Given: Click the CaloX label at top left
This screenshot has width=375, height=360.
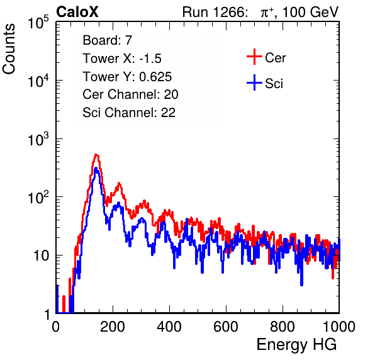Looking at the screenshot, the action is click(x=77, y=12).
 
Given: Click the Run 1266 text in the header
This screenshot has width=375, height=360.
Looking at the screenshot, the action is click(x=214, y=12).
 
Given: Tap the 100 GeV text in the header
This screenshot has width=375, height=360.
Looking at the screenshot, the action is click(x=310, y=12).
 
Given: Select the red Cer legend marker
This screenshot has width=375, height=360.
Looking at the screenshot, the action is click(x=254, y=57).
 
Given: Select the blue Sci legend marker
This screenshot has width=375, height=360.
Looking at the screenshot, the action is click(x=254, y=83).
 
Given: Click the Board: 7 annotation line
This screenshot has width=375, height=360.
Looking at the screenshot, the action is click(x=108, y=40).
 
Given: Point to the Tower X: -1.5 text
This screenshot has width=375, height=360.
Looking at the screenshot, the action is click(x=122, y=59).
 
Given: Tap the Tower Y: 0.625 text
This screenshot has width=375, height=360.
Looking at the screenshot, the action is click(x=127, y=77).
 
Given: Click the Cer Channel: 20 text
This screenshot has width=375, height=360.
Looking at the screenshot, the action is click(x=130, y=94).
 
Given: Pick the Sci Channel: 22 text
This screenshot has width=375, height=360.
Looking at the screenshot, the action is click(x=129, y=113).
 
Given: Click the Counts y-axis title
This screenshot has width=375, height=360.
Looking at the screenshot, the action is click(x=9, y=49).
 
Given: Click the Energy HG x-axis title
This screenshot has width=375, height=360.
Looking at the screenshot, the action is click(x=296, y=345).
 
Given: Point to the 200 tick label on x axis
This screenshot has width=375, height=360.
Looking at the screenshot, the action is click(x=113, y=327).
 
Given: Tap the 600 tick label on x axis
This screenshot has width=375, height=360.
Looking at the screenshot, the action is click(x=226, y=327).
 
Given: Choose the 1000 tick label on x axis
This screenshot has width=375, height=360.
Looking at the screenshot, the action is click(x=339, y=327).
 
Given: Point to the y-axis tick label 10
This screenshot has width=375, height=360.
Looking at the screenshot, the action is click(x=41, y=256).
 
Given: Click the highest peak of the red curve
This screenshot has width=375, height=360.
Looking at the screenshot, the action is click(x=96, y=155).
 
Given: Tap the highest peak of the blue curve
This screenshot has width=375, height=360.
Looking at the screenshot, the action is click(x=96, y=168).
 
